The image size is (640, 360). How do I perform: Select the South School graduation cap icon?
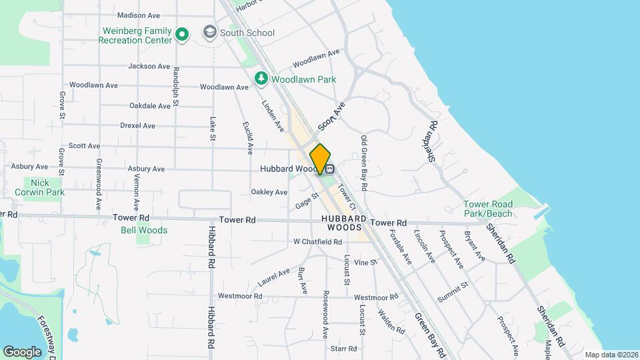(210, 33)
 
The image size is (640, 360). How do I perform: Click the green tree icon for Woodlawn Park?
(261, 79)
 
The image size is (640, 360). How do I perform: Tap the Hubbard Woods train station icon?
(329, 169)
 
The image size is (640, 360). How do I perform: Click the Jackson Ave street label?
(149, 66)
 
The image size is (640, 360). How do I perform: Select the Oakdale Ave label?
(150, 106)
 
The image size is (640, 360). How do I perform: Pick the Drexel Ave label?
(138, 125)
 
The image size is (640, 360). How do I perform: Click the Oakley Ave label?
(269, 192)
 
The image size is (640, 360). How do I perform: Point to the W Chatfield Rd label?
(317, 241)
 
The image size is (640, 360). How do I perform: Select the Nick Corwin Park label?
(39, 187)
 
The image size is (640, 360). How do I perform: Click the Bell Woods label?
(143, 231)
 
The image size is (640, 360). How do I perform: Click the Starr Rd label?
(344, 348)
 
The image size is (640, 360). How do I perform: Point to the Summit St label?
(453, 289)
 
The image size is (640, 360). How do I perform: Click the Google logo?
(23, 351)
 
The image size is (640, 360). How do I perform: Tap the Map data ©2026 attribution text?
(611, 355)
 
